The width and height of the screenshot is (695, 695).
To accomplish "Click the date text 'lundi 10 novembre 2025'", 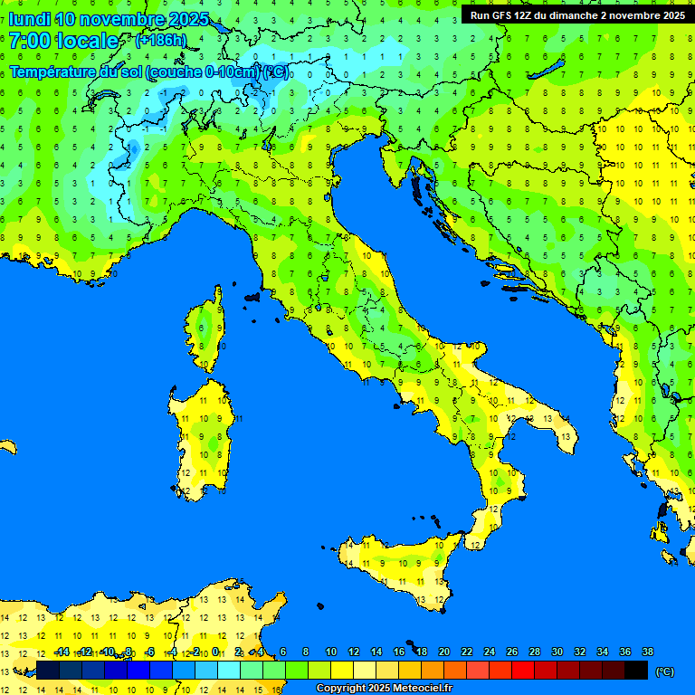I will (x=109, y=19).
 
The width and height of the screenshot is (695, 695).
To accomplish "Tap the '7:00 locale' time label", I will (x=63, y=41).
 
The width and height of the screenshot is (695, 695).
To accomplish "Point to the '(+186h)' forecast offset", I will (x=160, y=41).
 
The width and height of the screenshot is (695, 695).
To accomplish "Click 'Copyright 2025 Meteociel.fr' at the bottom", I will (x=384, y=688).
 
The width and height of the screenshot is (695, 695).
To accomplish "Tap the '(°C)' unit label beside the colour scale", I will (x=664, y=671).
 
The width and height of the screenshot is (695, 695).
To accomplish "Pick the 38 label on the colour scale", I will (x=647, y=652).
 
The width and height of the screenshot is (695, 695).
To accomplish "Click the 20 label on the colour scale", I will (x=443, y=652).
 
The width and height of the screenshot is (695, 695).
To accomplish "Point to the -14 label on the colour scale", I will (x=62, y=652).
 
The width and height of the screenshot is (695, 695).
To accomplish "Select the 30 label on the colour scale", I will (x=557, y=652).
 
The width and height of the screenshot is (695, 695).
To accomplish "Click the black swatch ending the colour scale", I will (x=636, y=670).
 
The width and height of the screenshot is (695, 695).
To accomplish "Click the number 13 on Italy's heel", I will (x=566, y=436).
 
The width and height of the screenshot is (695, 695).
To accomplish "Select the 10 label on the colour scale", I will (x=330, y=652).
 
